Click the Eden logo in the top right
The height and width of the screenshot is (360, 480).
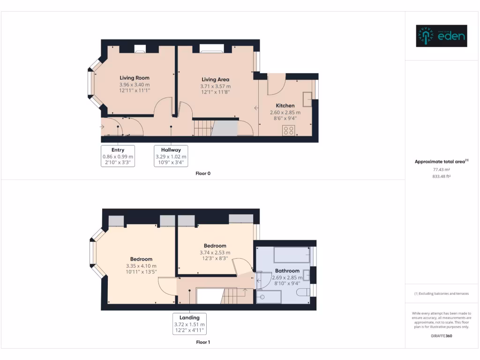click(x=442, y=36)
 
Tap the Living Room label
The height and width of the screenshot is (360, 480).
click(x=134, y=78)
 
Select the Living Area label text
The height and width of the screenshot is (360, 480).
click(x=215, y=80)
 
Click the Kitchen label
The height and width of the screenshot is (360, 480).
click(x=285, y=106)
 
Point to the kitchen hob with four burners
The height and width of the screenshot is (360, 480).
click(x=289, y=130)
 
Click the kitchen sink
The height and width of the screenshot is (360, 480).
click(x=308, y=99)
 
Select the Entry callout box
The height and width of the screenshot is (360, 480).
click(x=118, y=157)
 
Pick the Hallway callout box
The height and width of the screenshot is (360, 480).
click(x=171, y=157)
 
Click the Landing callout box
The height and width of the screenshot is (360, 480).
click(x=189, y=324)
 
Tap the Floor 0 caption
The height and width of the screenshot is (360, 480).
click(x=203, y=173)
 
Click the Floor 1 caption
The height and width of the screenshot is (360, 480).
click(x=203, y=342)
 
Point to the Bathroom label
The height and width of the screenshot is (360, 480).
click(x=287, y=271)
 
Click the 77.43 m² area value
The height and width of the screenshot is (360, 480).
click(x=441, y=170)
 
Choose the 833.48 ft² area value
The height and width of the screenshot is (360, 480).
click(x=441, y=176)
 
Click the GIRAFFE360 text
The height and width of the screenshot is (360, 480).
click(x=441, y=336)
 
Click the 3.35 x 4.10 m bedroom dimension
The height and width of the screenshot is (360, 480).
click(x=141, y=266)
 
